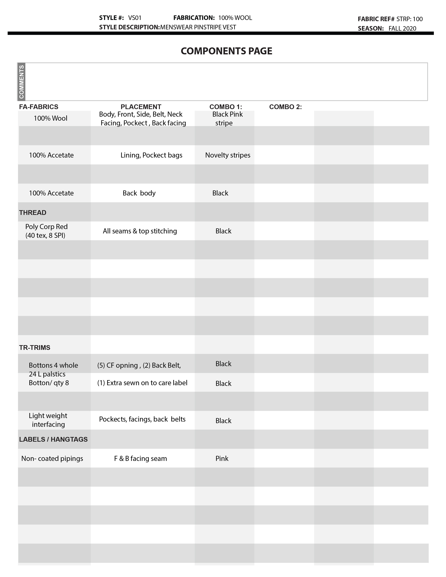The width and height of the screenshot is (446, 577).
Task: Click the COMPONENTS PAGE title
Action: coord(226,51)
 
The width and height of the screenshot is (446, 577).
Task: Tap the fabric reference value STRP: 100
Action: coord(409,19)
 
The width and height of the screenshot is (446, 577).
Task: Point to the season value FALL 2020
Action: coord(402,29)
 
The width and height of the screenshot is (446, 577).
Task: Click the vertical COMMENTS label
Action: coord(21,82)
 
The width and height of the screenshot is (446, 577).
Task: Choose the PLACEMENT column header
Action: coord(141,107)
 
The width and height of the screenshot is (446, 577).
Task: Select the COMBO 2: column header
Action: coord(285,107)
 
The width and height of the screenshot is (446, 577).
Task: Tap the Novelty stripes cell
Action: coord(227,155)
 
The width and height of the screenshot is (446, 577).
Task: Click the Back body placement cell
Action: coord(139,193)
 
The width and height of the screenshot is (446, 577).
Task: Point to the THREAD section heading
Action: coord(33,213)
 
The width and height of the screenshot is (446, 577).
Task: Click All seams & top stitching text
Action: coord(140,231)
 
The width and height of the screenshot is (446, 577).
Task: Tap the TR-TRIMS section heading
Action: coord(35,348)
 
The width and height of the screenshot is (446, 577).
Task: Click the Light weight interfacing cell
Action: coord(48,420)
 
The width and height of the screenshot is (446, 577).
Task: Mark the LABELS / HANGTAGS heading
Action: coord(53,439)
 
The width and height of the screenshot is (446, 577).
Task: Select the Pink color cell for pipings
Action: coord(222,458)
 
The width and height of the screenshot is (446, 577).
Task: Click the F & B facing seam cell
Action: coord(140,458)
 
